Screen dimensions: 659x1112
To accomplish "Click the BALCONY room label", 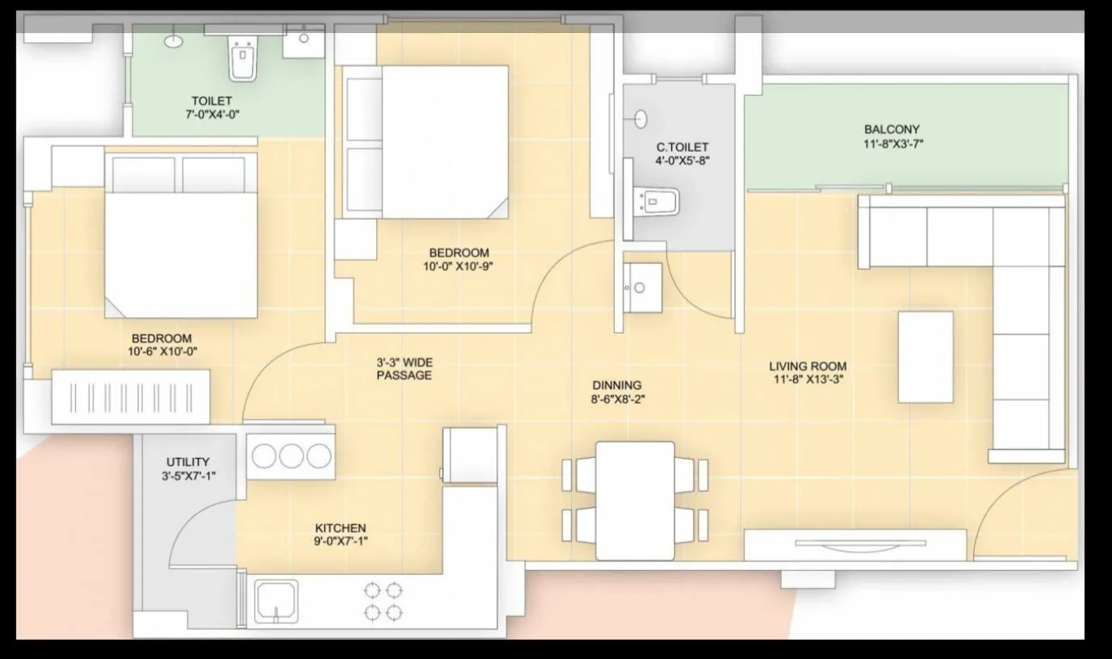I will coord(892,129).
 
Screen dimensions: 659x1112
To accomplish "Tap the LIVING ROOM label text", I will coord(808,367).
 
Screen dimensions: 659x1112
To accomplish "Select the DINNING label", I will coord(617,385).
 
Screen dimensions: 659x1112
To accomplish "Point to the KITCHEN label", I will coord(340,527).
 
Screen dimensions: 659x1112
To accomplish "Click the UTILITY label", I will coord(187,463).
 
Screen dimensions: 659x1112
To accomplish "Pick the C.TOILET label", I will coord(682,147).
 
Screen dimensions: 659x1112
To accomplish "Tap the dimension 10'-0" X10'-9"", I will coord(459,266).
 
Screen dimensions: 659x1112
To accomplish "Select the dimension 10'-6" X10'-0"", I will coord(162,351).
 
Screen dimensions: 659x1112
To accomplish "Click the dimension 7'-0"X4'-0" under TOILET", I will coord(212,114).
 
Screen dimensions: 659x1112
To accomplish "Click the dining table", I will coord(635,500).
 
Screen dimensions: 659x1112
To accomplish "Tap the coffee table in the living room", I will coord(925,356).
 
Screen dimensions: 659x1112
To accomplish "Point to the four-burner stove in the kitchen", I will coord(383,601).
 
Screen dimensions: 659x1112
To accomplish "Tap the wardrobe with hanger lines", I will coord(131,397).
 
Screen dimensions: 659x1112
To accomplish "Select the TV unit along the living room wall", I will coord(855,544).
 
